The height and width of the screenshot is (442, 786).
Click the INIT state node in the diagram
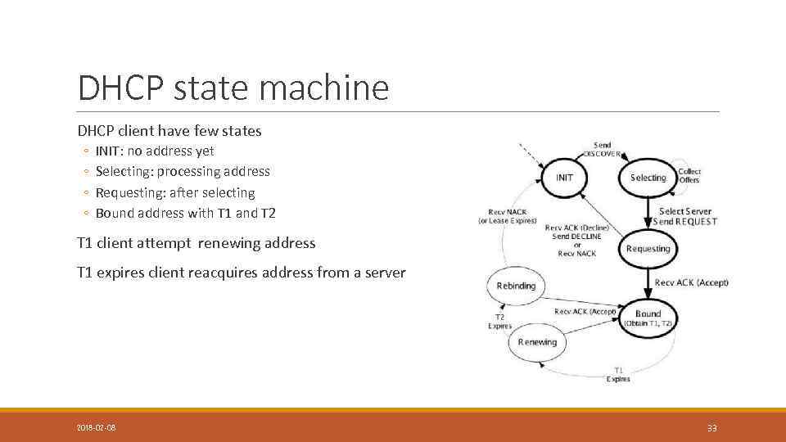565,178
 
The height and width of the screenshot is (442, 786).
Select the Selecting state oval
648,178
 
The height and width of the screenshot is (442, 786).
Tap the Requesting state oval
647,248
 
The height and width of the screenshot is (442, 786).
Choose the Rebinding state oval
516,286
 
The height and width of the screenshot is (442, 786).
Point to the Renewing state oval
537,342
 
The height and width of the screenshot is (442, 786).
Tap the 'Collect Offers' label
689,176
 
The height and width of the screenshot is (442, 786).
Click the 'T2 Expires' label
499,321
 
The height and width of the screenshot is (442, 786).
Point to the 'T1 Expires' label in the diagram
618,375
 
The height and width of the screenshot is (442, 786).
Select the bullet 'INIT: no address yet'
155,151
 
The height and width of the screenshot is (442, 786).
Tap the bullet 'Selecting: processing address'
183,171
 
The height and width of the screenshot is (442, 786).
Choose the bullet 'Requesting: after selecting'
175,192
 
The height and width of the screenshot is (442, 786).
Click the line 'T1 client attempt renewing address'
196,242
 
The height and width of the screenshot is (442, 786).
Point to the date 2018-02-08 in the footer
97,427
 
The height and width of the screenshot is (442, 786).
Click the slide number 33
711,427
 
